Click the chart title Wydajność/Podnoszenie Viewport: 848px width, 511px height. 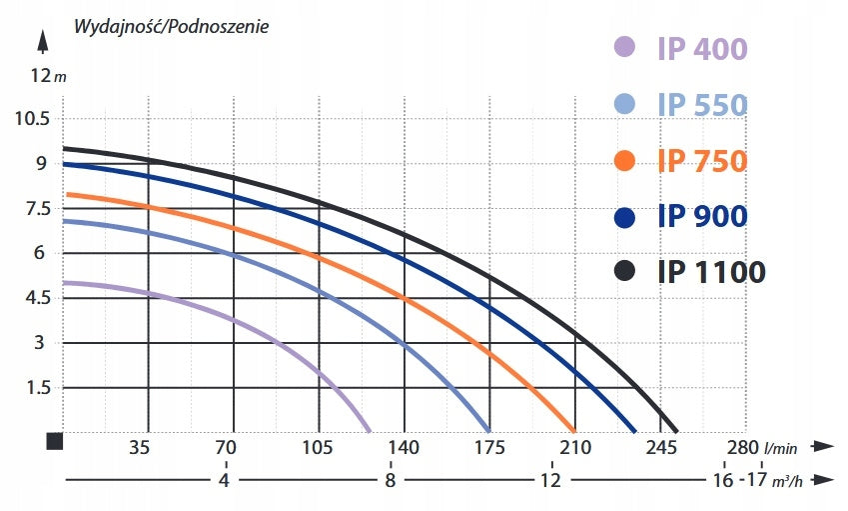pos(171,27)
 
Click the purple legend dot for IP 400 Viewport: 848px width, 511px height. pos(624,47)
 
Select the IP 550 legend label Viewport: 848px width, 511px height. pos(702,104)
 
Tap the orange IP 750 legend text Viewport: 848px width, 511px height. pos(702,161)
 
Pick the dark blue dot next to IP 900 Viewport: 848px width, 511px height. pos(624,218)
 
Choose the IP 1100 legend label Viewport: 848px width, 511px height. pos(712,272)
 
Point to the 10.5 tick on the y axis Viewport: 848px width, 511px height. pos(32,119)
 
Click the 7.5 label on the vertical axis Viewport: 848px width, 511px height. pos(38,208)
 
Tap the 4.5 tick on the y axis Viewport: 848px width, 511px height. pos(38,298)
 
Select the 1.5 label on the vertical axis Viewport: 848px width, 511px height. pos(38,388)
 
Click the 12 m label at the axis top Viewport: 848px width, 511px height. pos(48,75)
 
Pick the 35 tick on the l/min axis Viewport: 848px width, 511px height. pos(139,448)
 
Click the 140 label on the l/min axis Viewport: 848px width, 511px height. pos(404,448)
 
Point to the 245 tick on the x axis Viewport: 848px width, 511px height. pos(661,448)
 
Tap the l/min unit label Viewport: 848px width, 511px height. pos(780,448)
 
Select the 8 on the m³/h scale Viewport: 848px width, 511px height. pos(391,480)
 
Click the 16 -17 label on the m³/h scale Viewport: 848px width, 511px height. pos(739,480)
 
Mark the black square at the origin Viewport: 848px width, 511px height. pos(55,441)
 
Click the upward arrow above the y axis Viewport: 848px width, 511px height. pos(43,42)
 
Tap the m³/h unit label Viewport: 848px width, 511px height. pos(786,481)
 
